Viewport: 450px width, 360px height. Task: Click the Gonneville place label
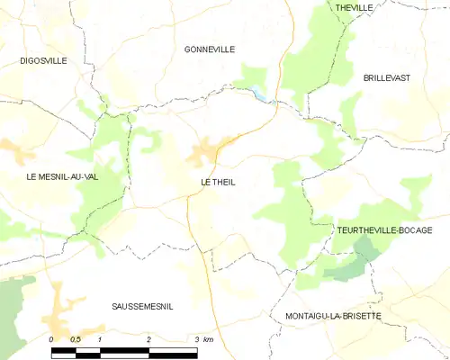[x=209, y=49]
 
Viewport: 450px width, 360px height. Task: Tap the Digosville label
[x=44, y=60]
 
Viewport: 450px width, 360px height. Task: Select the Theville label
[x=354, y=7]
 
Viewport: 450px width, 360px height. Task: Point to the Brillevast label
[x=387, y=78]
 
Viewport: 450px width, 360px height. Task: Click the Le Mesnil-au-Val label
[x=61, y=177]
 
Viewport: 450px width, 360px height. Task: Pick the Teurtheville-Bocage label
[x=391, y=230]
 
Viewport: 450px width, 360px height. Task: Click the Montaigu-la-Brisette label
[x=333, y=317]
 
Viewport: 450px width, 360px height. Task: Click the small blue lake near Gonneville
[x=259, y=92]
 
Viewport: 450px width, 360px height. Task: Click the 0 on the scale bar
[x=51, y=339]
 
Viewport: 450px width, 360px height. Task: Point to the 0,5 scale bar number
[x=76, y=339]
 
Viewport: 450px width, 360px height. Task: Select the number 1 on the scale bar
[x=100, y=339]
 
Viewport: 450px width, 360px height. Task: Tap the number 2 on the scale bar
[x=148, y=339]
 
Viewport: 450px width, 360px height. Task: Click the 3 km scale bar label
[x=203, y=339]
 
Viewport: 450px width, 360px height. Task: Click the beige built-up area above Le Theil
[x=205, y=151]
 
